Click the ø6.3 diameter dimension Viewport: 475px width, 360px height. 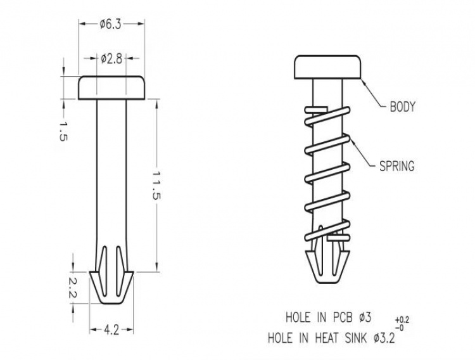tap(110, 23)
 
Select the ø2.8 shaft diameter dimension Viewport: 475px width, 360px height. tap(111, 59)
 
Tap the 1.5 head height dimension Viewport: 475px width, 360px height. tap(62, 131)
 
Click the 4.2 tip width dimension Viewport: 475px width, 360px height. tap(111, 330)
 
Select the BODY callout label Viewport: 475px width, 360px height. tap(402, 107)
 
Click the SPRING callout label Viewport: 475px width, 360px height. tap(396, 167)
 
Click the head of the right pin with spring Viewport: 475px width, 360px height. tap(327, 68)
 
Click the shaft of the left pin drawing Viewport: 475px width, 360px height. tap(111, 177)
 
